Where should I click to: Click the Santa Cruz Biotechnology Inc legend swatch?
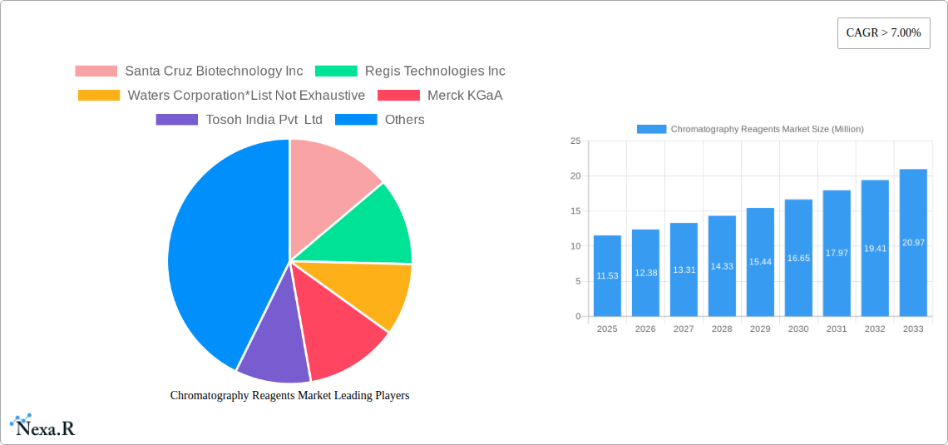point(96,71)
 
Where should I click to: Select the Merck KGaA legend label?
point(465,95)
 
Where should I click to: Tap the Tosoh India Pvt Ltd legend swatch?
point(176,119)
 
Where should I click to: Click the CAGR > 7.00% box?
point(883,33)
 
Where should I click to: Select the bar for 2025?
point(608,275)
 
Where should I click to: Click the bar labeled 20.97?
point(913,242)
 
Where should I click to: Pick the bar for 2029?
point(760,262)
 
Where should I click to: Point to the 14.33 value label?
point(722,266)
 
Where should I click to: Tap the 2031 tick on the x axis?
point(836,329)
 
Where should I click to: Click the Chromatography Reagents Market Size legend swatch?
point(652,129)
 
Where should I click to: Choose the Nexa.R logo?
point(42,426)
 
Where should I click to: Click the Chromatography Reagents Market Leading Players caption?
point(290,395)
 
